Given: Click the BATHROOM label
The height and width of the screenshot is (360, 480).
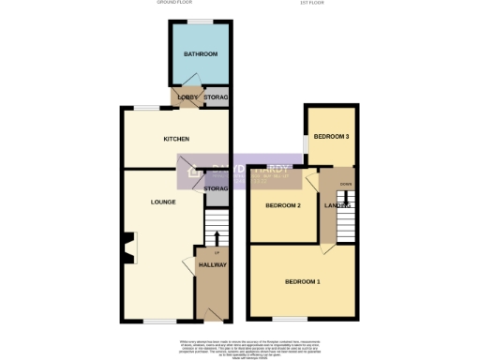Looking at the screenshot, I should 199,53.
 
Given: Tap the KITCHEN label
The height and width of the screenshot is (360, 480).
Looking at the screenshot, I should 176,140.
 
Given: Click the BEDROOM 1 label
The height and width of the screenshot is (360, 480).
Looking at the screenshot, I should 302,281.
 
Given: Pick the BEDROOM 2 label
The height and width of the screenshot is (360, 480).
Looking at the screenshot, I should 282,205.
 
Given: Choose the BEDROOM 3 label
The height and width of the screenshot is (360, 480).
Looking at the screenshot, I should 331,137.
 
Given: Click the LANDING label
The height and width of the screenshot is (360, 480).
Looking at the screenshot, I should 337,205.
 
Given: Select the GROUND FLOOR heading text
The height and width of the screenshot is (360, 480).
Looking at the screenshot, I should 175,4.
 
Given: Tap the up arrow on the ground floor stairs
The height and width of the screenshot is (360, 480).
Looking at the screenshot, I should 217,253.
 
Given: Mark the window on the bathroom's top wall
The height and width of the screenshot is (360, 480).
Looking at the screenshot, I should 199,21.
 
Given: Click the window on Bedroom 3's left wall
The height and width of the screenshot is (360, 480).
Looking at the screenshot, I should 306,143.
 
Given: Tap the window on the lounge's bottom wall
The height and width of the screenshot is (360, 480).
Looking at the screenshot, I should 157,321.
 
